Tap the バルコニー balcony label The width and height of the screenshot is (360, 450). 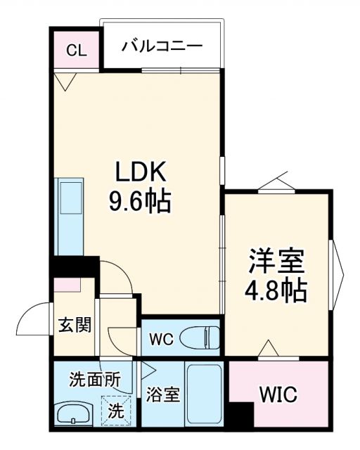(x=162, y=46)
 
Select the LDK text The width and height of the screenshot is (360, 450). (x=141, y=173)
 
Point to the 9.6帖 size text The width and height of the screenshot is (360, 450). (x=139, y=202)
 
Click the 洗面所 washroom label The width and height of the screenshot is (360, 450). (x=94, y=380)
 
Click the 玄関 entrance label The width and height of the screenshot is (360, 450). (x=74, y=325)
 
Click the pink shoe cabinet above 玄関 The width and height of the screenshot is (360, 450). (x=70, y=285)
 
